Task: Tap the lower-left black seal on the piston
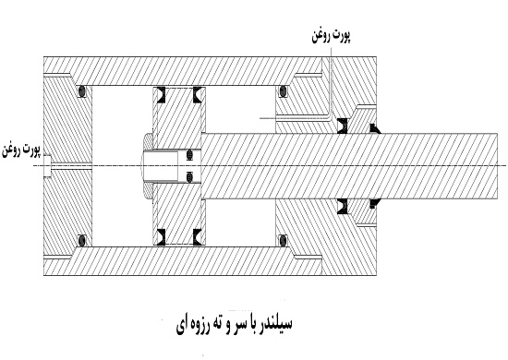pos(159,237)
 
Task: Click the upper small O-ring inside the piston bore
pos(189,154)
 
